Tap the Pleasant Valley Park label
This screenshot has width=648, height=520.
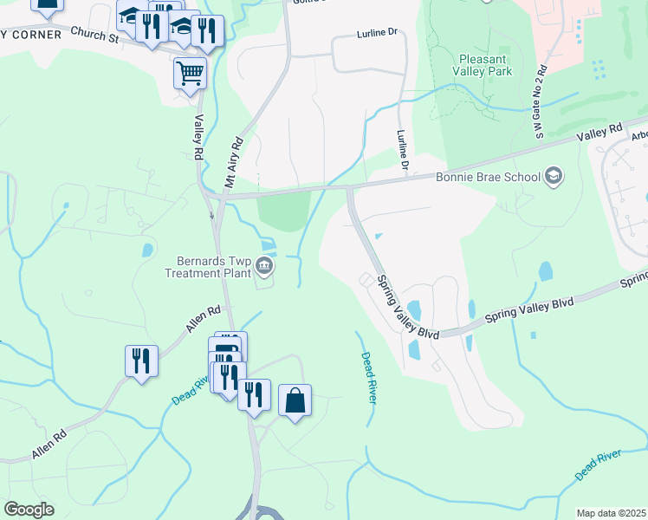tap(483, 65)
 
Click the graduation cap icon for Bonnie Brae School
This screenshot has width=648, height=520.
tap(553, 178)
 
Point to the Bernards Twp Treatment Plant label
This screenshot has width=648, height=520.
tap(207, 266)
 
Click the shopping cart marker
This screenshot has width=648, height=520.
tap(190, 73)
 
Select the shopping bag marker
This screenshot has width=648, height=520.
tap(295, 400)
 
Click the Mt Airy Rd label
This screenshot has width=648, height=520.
tap(232, 161)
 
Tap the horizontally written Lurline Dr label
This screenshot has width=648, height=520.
tap(376, 33)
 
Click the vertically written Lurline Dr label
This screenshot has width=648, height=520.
tap(402, 149)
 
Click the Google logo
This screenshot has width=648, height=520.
tap(28, 510)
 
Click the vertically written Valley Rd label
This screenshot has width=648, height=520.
tap(198, 137)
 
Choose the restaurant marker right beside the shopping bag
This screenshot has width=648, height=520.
tap(254, 395)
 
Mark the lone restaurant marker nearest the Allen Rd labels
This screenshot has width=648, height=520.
tap(141, 361)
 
